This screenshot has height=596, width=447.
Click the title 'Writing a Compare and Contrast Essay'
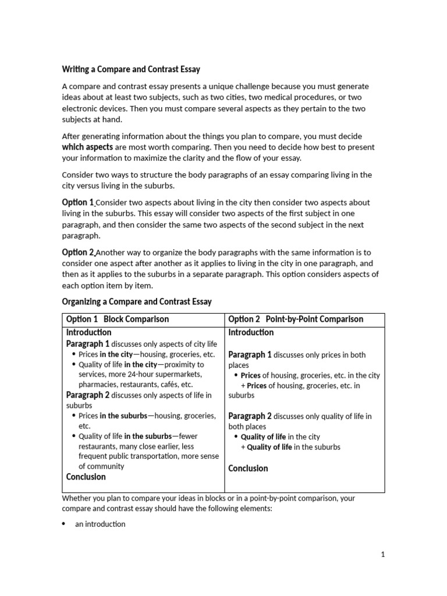131,69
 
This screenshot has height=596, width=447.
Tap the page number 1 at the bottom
382,555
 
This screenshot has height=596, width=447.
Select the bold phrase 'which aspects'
87,147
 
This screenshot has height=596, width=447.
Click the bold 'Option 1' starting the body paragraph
78,203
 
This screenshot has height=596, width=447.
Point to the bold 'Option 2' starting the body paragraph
78,252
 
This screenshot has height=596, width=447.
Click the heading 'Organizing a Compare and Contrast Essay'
137,301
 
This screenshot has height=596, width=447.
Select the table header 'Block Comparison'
136,319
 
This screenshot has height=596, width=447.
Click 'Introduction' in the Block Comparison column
88,332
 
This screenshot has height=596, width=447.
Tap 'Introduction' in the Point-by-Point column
251,332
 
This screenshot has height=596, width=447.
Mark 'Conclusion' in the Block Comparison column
86,477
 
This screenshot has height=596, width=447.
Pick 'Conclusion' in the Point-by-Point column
249,468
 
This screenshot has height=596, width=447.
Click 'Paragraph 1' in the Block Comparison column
88,343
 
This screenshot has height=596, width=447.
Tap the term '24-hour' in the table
150,374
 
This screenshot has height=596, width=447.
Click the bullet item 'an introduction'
100,524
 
